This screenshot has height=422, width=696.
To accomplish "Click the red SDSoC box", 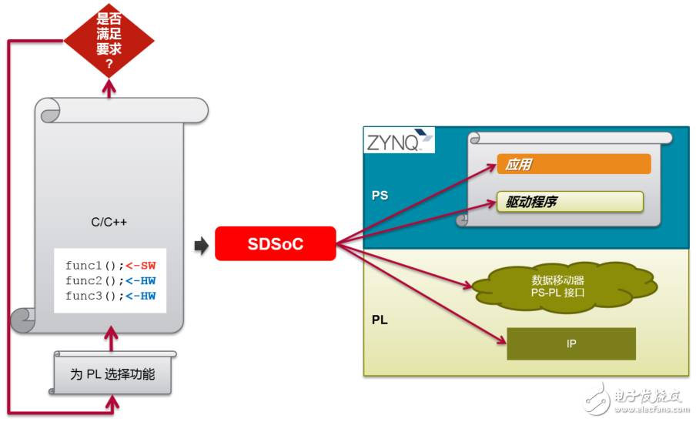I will click(x=275, y=244).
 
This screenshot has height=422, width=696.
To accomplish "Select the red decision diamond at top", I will click(x=109, y=40).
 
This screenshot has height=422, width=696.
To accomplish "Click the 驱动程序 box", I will click(x=569, y=202).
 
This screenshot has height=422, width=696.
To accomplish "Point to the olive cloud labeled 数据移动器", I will click(x=564, y=286).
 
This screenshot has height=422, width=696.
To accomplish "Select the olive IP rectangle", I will click(x=571, y=343).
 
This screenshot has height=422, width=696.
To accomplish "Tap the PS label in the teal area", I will click(x=380, y=196).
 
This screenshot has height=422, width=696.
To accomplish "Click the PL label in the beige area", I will click(x=380, y=319).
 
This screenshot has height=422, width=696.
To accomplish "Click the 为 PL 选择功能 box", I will click(x=112, y=374).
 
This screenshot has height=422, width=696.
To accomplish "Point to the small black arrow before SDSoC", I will click(x=201, y=246).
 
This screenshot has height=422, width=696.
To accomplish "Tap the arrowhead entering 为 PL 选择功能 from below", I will click(x=112, y=402).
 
